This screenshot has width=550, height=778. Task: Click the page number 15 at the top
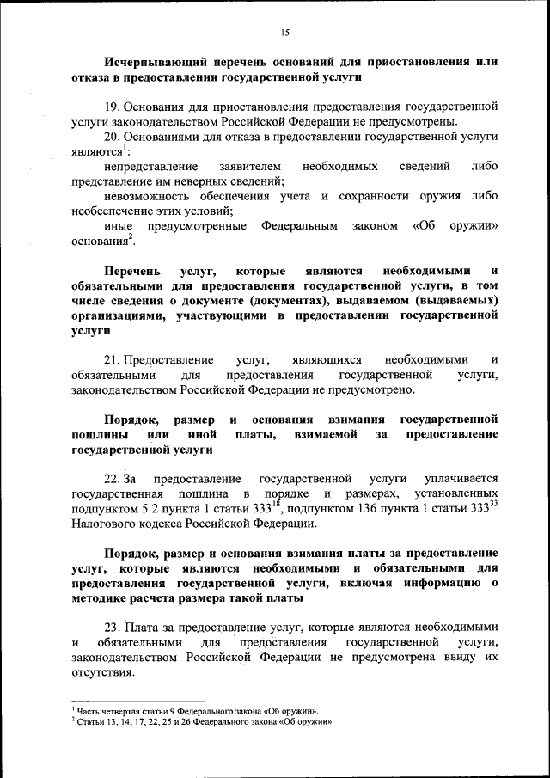click(284, 33)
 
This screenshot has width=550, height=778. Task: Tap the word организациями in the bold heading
click(118, 316)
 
